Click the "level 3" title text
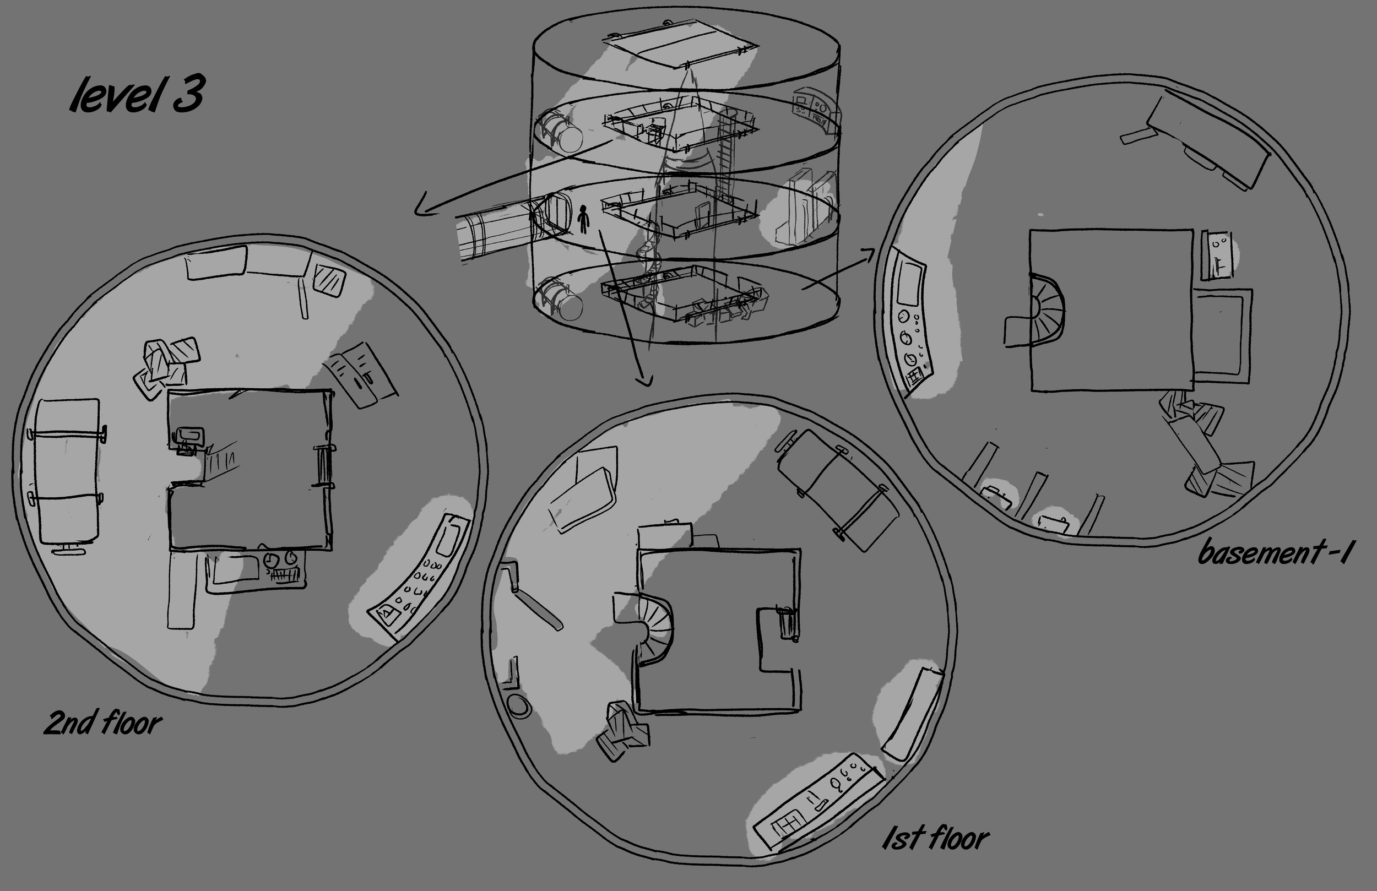(x=137, y=96)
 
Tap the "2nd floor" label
(x=103, y=723)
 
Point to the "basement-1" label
(x=1273, y=552)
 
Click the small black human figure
(x=584, y=220)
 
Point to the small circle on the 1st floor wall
(x=518, y=706)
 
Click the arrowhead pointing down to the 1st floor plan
(x=643, y=380)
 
